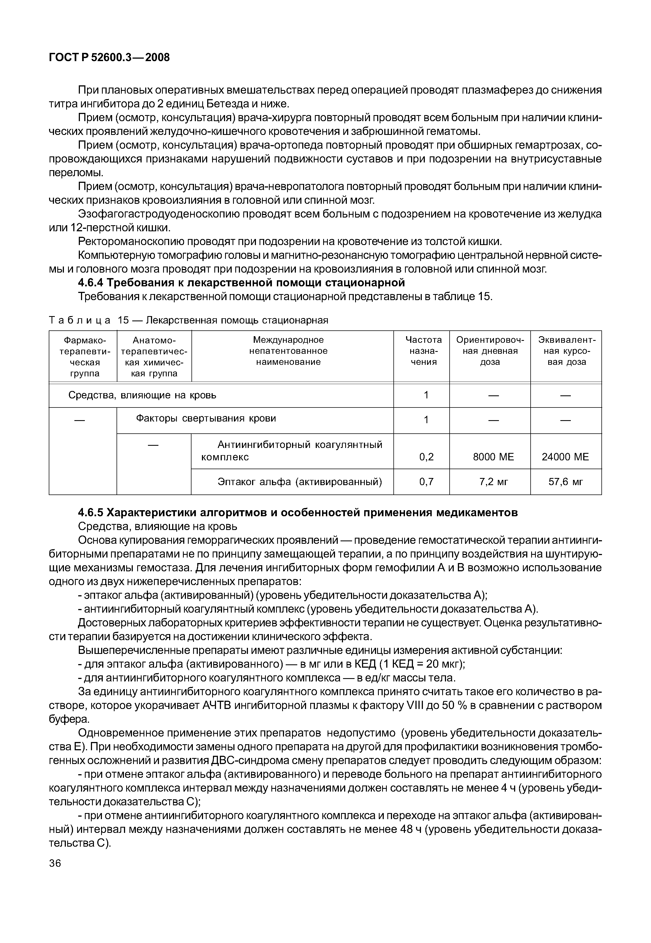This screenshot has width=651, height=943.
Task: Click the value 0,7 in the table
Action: point(426,482)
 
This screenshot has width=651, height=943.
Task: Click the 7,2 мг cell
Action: point(493,482)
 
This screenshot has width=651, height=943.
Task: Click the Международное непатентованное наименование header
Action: point(288,350)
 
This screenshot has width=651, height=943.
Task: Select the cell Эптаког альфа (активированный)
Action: point(299,482)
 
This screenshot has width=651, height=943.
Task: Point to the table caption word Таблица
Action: point(80,320)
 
